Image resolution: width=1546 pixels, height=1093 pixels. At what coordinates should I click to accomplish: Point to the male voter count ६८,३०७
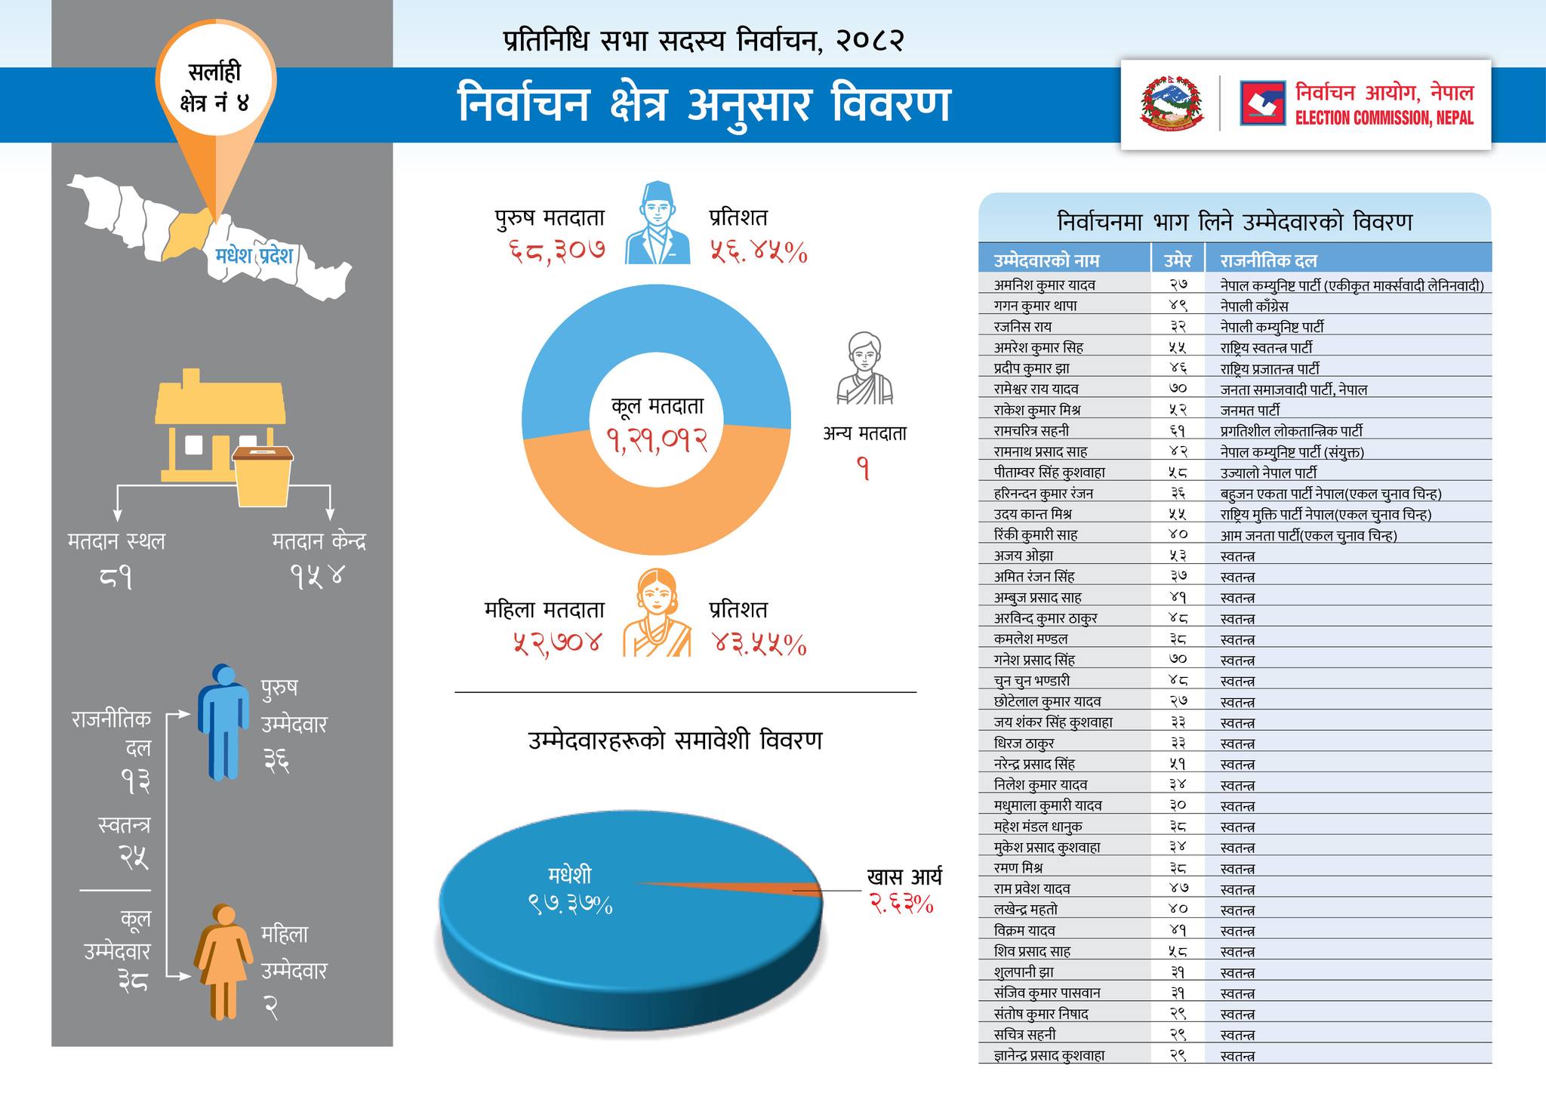click(556, 252)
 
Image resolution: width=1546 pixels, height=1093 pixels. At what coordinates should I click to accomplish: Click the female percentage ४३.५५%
click(759, 645)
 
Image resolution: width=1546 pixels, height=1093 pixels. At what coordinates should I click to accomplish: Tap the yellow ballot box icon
click(263, 476)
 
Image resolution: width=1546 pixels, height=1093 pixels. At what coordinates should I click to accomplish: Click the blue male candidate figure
click(223, 722)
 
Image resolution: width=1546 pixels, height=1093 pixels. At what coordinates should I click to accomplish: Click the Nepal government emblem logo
click(1172, 103)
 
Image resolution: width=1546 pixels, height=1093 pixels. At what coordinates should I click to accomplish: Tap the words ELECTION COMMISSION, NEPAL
click(1384, 119)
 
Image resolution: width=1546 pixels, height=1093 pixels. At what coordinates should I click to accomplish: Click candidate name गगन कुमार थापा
click(1035, 306)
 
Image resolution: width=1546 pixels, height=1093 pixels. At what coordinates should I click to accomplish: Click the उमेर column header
click(1177, 260)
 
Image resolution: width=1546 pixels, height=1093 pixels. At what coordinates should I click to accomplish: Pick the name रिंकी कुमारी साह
click(1035, 534)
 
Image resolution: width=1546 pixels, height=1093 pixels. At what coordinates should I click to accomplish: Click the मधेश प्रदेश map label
click(254, 255)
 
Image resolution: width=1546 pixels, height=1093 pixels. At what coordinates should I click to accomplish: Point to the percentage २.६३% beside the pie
click(901, 903)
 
